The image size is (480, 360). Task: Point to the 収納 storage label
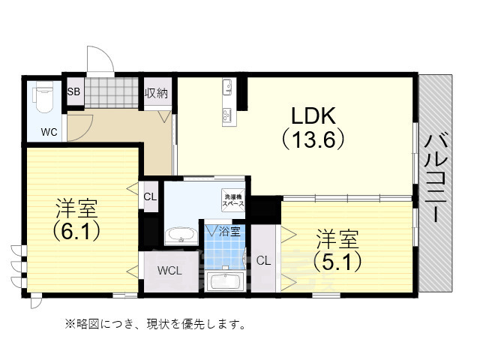[x=157, y=92]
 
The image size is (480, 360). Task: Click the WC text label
[x=49, y=133]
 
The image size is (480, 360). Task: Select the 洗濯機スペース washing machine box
[x=232, y=200]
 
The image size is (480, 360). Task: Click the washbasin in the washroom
[x=179, y=235]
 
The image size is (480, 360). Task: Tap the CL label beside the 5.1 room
[x=262, y=261]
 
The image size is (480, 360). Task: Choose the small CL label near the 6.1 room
[x=149, y=196]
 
